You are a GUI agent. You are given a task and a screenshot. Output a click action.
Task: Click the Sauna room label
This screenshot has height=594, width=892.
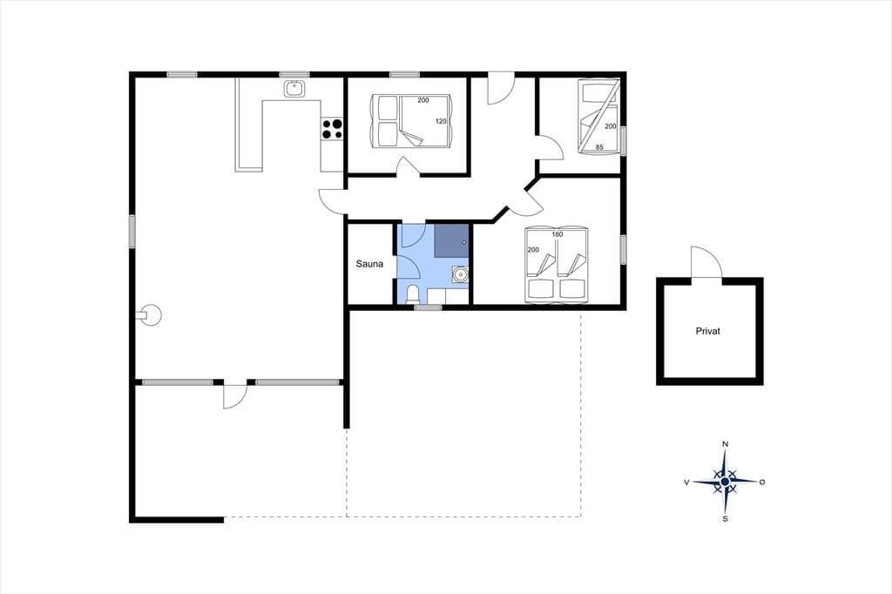click(369, 264)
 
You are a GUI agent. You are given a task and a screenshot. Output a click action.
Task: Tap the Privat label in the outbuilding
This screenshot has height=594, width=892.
click(707, 331)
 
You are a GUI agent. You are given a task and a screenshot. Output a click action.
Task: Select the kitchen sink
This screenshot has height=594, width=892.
click(294, 89)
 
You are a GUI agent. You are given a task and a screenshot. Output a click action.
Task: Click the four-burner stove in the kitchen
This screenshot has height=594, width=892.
click(332, 129)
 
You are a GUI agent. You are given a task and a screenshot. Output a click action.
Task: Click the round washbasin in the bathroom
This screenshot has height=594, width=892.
click(460, 275)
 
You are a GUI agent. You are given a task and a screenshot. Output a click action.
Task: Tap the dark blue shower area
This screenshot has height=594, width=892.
click(452, 240)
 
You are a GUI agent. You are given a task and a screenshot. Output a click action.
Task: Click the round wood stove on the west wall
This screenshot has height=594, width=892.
click(151, 314)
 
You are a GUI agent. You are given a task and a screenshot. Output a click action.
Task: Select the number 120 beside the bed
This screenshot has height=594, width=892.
click(441, 121)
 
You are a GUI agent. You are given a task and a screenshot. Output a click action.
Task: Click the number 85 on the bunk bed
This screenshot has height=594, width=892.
click(599, 147)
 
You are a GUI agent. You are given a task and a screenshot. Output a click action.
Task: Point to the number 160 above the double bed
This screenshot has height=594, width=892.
click(557, 234)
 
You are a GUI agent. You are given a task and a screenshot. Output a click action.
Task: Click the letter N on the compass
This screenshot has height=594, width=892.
click(726, 444)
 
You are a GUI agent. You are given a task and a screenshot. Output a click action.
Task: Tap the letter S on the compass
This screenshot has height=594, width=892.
click(726, 519)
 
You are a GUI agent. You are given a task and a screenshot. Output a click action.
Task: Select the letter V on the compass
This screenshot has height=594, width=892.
click(686, 483)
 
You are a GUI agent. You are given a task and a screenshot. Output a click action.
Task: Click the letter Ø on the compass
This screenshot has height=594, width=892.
click(762, 483)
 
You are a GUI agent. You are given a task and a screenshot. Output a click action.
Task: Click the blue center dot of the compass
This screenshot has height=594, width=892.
click(725, 482)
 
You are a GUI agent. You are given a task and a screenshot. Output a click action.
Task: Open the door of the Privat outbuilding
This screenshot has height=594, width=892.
click(706, 262)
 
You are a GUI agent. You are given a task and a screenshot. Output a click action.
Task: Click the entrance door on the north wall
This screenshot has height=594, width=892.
click(501, 89)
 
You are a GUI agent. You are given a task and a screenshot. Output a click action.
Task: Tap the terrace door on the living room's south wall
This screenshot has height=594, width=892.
click(234, 395)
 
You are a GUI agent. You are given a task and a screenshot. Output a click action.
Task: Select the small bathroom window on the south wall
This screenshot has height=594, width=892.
click(428, 307)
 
